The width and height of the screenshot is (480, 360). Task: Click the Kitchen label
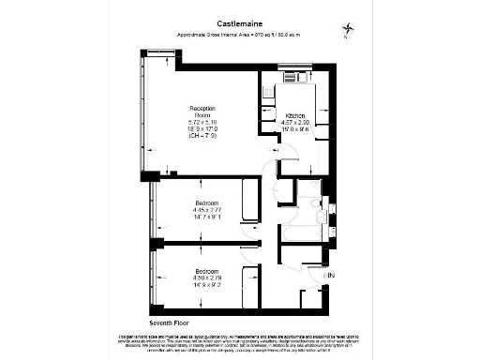tap(295, 115)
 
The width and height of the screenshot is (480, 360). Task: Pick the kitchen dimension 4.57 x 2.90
tap(296, 123)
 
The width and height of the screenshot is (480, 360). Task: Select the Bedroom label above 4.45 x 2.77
tap(207, 204)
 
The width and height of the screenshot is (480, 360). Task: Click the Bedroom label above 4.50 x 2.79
tap(207, 271)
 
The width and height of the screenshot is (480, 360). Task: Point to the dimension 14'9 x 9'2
tap(207, 284)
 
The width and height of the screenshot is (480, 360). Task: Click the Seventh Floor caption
tap(156, 322)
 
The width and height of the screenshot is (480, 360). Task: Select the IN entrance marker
tap(330, 275)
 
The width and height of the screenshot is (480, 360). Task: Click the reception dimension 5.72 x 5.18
tap(202, 121)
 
